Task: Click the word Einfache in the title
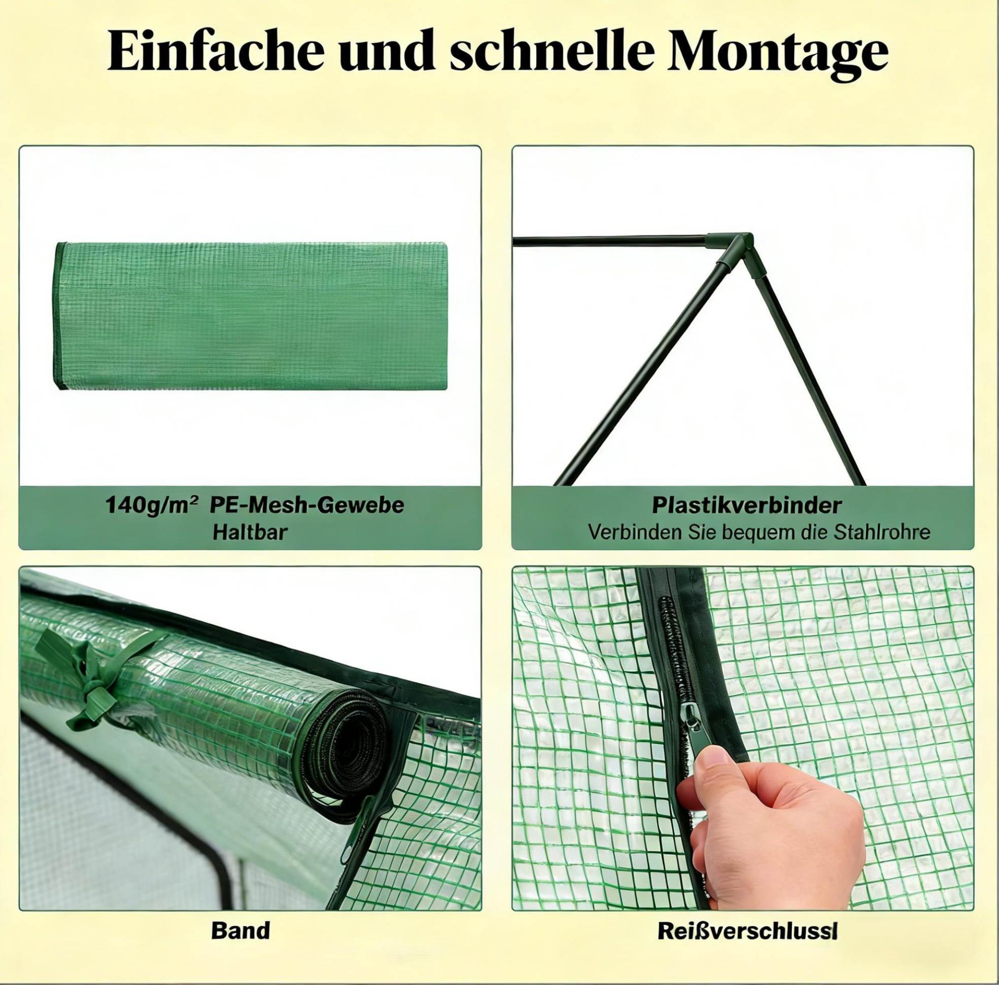click(x=216, y=53)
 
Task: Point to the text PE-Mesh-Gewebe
click(x=307, y=505)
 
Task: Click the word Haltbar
click(x=250, y=532)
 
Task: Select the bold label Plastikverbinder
click(x=746, y=505)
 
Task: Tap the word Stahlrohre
click(x=882, y=532)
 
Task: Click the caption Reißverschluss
click(x=747, y=917)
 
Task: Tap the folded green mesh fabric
click(x=250, y=317)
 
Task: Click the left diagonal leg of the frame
click(x=640, y=376)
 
